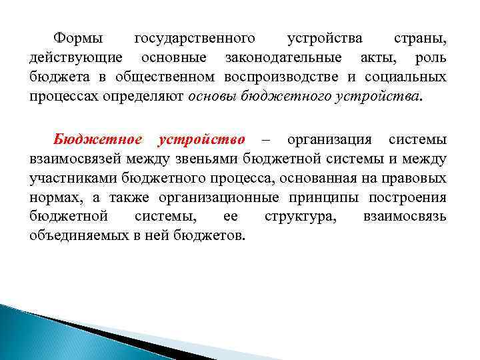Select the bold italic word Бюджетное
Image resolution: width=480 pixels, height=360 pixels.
click(97, 140)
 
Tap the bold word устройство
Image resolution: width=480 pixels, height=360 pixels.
click(201, 140)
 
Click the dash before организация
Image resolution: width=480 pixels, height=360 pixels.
click(266, 140)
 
